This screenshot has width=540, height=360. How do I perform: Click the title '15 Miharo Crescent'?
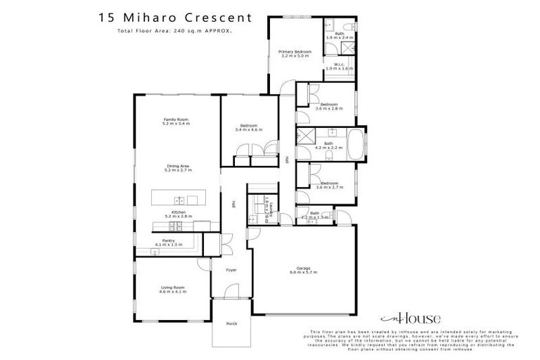[172, 15]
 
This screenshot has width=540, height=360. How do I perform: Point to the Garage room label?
[303, 268]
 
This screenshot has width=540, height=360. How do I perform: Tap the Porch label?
[231, 323]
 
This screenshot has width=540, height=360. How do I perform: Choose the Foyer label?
[231, 270]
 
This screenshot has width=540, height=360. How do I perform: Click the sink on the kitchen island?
[179, 200]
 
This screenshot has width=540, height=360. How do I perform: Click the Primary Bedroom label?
[295, 52]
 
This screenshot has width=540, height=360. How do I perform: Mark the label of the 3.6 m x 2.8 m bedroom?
[328, 105]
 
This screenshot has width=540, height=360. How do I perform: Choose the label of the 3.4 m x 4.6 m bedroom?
[248, 127]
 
